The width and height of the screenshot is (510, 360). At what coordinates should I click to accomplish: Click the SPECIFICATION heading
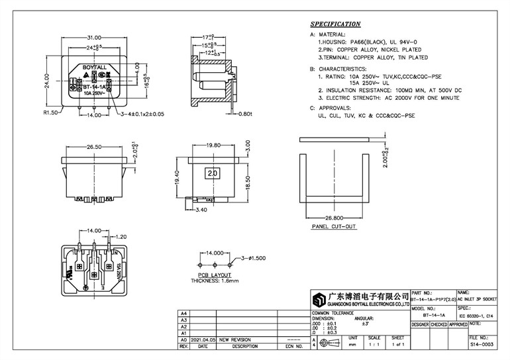pyautogui.click(x=336, y=24)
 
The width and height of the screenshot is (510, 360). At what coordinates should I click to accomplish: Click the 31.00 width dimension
pyautogui.click(x=93, y=38)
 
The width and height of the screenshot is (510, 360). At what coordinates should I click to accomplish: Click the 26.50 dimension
pyautogui.click(x=93, y=148)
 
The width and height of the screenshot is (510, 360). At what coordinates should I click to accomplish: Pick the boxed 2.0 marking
pyautogui.click(x=213, y=173)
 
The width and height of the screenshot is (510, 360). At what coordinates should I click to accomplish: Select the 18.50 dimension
pyautogui.click(x=248, y=179)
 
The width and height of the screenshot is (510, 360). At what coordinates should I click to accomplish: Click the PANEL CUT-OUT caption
pyautogui.click(x=333, y=226)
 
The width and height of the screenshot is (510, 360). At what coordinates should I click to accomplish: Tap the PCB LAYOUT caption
pyautogui.click(x=215, y=273)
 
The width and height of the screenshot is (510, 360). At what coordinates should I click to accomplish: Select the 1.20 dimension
pyautogui.click(x=121, y=236)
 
